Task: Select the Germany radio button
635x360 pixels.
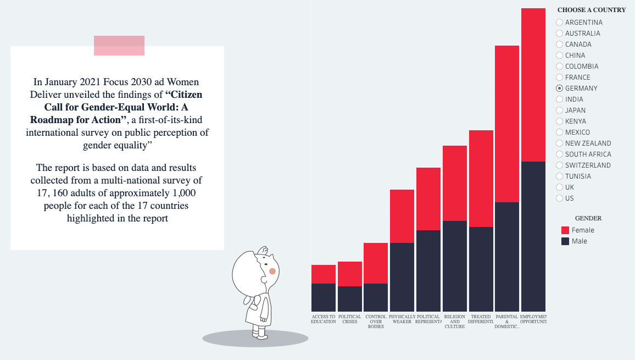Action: point(560,88)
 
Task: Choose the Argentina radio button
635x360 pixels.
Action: point(560,22)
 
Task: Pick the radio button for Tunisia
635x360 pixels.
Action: point(560,176)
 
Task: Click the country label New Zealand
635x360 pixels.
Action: point(588,143)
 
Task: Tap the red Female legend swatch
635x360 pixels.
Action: point(565,230)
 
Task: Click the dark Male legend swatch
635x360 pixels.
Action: point(565,241)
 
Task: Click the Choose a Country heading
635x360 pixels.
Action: point(592,10)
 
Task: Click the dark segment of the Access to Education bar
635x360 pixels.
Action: point(324,297)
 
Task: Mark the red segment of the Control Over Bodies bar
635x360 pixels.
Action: point(376,263)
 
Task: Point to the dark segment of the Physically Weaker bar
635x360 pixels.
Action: point(402,277)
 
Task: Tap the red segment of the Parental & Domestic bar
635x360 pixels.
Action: point(507,124)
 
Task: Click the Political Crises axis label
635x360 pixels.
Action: point(350,319)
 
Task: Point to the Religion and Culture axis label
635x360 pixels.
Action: point(455,322)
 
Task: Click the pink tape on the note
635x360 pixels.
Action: point(119,46)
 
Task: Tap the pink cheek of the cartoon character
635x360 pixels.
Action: point(272,272)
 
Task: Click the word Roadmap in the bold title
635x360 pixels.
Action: point(53,119)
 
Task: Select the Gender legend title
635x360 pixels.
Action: point(588,218)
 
